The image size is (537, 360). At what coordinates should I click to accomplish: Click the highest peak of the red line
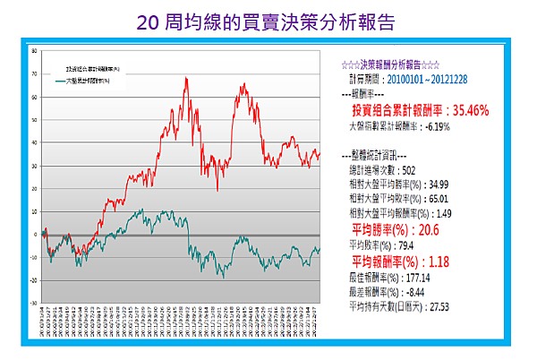[x=186, y=78]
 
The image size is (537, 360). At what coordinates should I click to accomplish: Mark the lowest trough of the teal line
[x=222, y=276]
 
